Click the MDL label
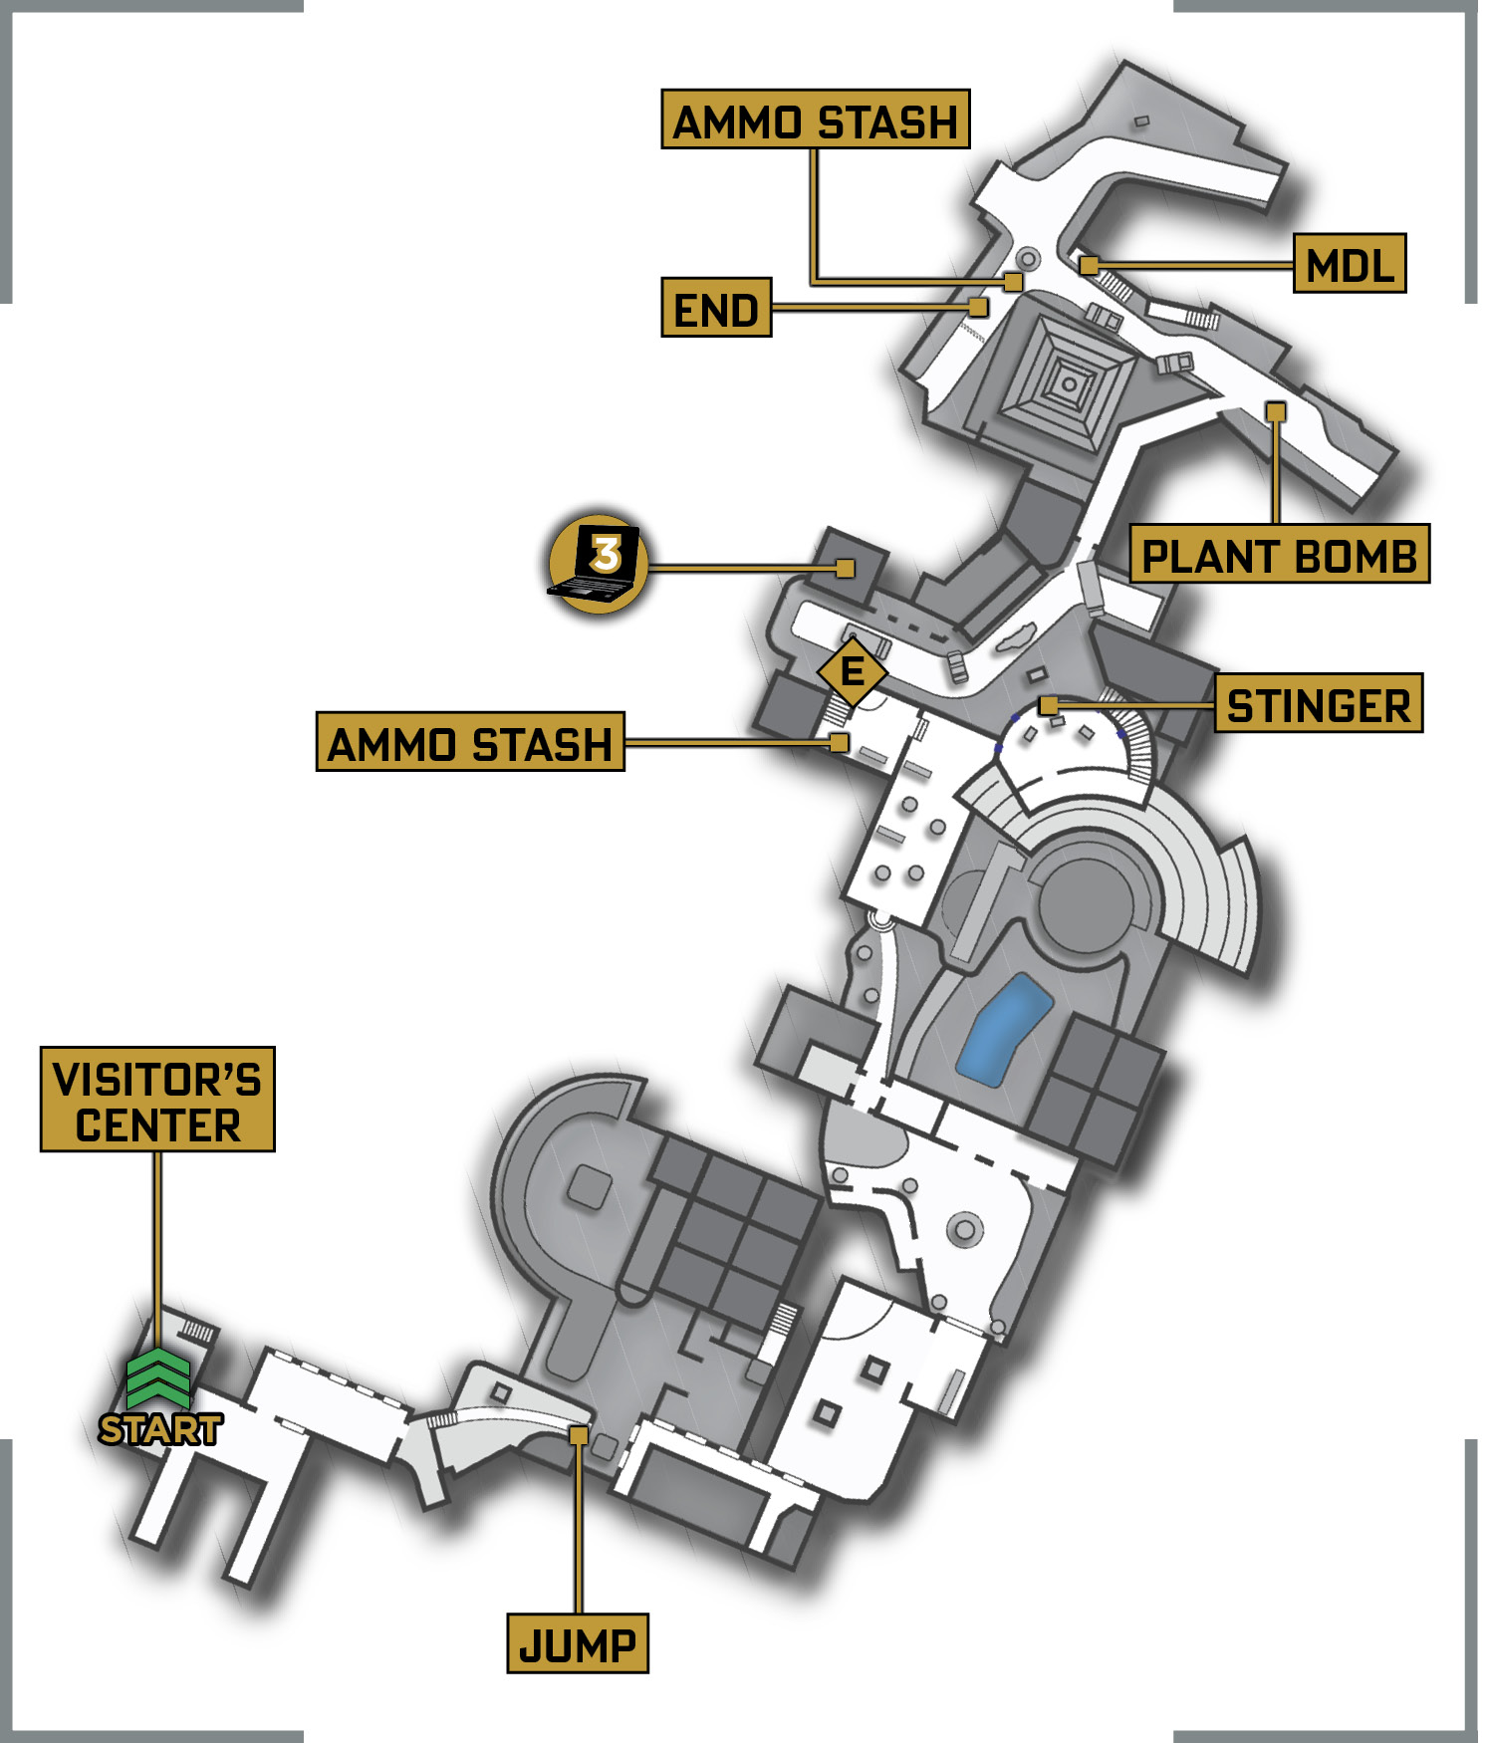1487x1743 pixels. pos(1349,264)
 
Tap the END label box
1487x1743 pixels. pos(716,308)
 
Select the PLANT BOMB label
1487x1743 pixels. pos(1279,554)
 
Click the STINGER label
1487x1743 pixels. pos(1319,703)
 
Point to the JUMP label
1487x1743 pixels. pos(578,1643)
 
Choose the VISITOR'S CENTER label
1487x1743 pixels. pos(157,1100)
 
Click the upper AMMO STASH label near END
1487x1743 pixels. pos(815,120)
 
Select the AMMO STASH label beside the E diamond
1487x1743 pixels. pos(470,741)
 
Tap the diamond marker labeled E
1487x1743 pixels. pos(853,671)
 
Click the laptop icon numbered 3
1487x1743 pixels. pos(598,564)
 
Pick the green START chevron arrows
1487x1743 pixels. pos(158,1379)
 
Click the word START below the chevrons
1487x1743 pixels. pos(160,1429)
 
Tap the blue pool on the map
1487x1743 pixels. pos(1004,1030)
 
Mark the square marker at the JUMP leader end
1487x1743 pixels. pos(578,1435)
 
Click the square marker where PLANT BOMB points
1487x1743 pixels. pos(1276,411)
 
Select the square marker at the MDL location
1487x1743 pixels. pos(1090,266)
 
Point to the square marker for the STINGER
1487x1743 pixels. pos(1048,705)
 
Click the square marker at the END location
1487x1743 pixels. pos(979,307)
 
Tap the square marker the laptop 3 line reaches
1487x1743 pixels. pos(846,569)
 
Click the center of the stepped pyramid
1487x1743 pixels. pos(1069,383)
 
